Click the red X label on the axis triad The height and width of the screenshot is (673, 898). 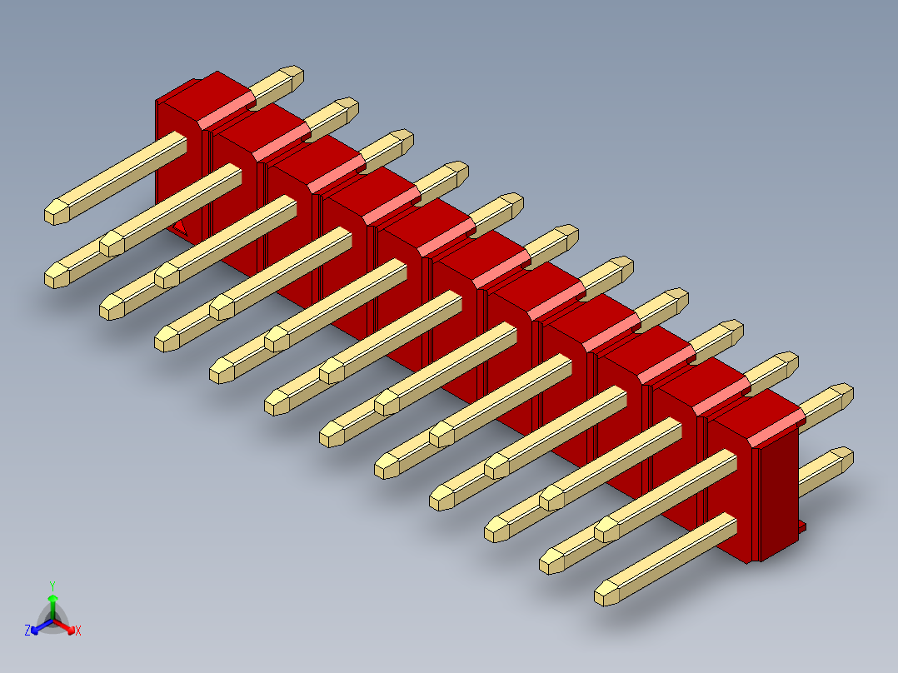(x=77, y=631)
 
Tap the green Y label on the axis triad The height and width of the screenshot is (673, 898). (x=52, y=585)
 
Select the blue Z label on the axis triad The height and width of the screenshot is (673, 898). (x=27, y=631)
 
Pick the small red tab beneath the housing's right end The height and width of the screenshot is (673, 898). (x=801, y=526)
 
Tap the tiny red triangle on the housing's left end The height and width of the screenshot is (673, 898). (x=180, y=226)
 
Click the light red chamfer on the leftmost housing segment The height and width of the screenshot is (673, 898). (x=227, y=110)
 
